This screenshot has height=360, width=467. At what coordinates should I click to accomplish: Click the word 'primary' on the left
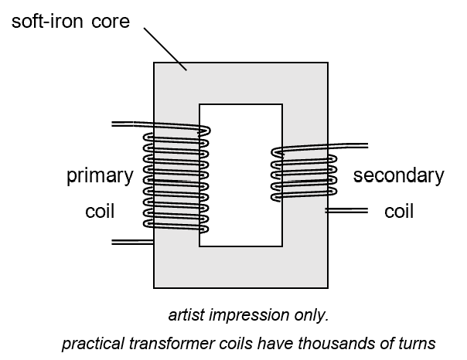click(100, 176)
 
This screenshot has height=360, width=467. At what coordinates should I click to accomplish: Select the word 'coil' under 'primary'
click(100, 211)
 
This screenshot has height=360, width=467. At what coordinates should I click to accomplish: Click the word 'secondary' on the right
click(398, 176)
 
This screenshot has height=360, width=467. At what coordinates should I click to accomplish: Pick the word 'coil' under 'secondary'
click(399, 211)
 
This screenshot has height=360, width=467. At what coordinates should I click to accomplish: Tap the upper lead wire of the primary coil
click(131, 124)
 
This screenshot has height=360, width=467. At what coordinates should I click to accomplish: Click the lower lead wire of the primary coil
click(131, 242)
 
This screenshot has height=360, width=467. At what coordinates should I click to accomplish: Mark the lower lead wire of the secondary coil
click(344, 209)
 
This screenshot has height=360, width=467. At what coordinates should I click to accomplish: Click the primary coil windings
click(176, 182)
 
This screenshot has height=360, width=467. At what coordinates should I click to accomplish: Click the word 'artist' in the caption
click(186, 316)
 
